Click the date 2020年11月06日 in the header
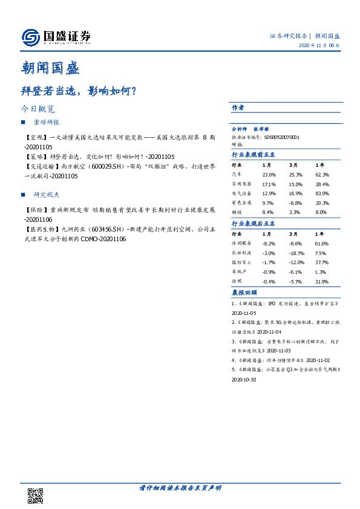pyautogui.click(x=319, y=46)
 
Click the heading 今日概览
pyautogui.click(x=38, y=109)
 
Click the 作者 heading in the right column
pyautogui.click(x=238, y=108)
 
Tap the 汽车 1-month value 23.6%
pyautogui.click(x=269, y=174)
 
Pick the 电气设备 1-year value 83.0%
pyautogui.click(x=321, y=193)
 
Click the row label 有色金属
pyautogui.click(x=241, y=203)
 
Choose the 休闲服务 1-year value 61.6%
pyautogui.click(x=321, y=242)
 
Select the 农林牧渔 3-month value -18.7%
pyautogui.click(x=296, y=253)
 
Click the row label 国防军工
pyautogui.click(x=241, y=262)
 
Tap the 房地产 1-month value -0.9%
pyautogui.click(x=269, y=272)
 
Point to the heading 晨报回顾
pyautogui.click(x=244, y=292)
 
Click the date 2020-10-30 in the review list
pyautogui.click(x=244, y=380)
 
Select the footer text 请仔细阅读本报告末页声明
pyautogui.click(x=180, y=488)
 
